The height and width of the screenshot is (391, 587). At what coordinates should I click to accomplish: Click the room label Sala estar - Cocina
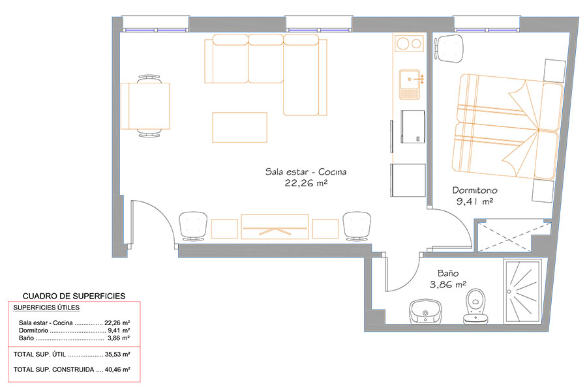[306, 172]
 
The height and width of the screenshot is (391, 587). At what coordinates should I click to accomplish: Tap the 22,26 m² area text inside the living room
[307, 183]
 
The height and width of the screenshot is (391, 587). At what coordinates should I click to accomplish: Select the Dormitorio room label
[475, 190]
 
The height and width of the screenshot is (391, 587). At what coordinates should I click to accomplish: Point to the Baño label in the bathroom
[447, 273]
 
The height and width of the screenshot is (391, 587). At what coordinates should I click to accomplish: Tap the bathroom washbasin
[426, 311]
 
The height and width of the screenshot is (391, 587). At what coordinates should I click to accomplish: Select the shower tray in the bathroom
[522, 291]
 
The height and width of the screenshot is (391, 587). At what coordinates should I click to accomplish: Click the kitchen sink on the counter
[410, 84]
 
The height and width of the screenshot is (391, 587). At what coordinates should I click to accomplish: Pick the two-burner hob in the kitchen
[409, 44]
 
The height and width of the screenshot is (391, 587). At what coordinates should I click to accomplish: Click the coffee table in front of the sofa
[239, 127]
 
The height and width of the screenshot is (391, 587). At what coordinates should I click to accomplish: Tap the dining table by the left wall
[145, 106]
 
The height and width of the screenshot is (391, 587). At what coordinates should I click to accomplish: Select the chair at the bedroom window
[449, 48]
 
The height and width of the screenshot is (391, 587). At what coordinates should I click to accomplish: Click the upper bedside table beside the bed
[554, 70]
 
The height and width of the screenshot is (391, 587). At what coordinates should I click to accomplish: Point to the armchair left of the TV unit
[193, 226]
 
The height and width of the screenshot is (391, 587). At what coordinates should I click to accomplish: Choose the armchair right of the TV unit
[357, 226]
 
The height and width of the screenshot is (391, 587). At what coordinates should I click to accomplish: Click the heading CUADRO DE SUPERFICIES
[74, 296]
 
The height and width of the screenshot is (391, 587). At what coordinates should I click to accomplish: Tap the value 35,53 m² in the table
[117, 354]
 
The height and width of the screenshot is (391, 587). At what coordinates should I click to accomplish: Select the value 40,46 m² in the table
[117, 369]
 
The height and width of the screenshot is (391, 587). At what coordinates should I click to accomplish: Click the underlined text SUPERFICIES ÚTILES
[46, 308]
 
